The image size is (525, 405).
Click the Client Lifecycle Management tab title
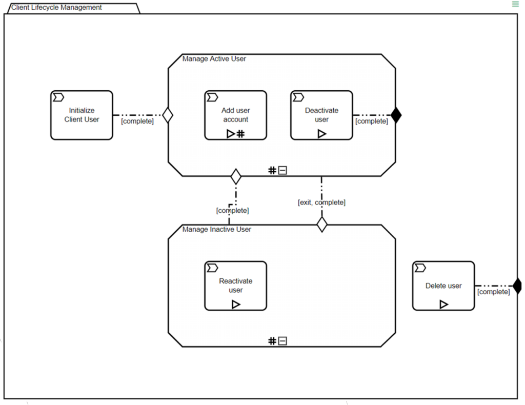coord(56,8)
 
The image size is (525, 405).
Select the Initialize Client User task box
coord(82,115)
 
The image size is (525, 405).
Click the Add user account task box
coord(235,115)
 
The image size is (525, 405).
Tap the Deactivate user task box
coord(321,115)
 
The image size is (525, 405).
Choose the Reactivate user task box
coord(235,286)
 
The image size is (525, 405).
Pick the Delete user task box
coord(443,286)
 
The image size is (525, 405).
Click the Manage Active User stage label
coord(214,59)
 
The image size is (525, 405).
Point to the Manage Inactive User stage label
coord(217,230)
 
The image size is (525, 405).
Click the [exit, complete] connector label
coord(321,202)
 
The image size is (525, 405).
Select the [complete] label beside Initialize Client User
coord(137,121)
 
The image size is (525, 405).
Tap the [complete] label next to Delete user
coord(493,292)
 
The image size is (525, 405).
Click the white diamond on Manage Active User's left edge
coord(168,115)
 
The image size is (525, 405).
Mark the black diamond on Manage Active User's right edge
coord(396,115)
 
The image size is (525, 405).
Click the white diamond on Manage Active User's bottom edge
coord(236,176)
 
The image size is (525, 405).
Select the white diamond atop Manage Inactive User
coord(321,225)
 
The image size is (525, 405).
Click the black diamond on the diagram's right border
coord(517,286)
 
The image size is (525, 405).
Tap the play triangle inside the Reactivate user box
coord(236,305)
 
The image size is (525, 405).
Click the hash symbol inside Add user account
coord(240,134)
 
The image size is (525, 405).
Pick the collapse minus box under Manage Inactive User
coord(282,341)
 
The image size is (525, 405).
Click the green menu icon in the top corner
coord(515,4)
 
